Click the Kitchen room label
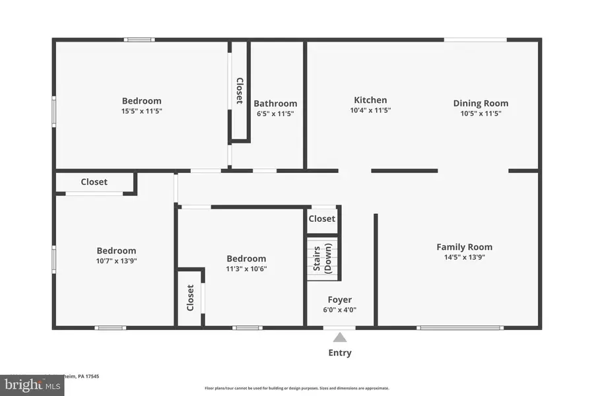370,100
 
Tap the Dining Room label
480,103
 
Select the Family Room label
464,247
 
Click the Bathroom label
275,104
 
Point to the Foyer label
340,300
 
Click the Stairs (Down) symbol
323,259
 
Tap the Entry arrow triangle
339,337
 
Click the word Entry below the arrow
340,353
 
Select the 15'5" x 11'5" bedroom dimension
141,112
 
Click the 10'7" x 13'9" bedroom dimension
116,261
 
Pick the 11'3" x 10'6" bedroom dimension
246,269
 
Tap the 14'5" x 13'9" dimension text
464,257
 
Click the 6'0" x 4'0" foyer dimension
340,310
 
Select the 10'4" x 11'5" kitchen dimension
370,111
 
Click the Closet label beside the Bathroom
240,91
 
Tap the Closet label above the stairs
322,218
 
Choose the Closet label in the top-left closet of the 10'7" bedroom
94,182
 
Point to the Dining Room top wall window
475,40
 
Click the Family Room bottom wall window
460,327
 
